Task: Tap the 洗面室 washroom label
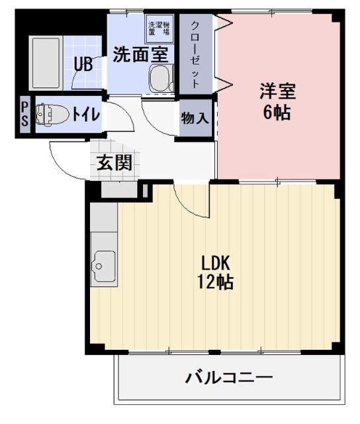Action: pos(139,54)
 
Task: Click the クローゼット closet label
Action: pos(196,55)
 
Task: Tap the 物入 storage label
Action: pos(195,119)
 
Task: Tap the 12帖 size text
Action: pos(216,282)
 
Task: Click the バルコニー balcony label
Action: pos(228,379)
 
